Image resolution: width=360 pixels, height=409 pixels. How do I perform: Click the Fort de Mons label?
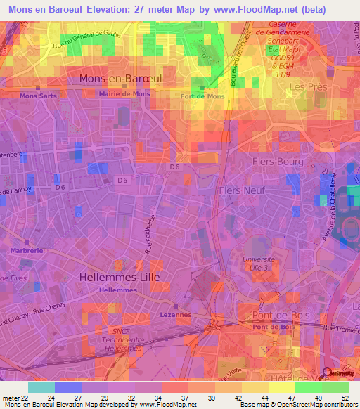coord(202,96)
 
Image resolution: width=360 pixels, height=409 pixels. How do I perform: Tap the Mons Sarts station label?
coord(38,96)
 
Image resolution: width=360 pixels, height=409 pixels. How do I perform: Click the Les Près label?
coord(309,87)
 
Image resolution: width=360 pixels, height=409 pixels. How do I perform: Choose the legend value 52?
coord(346,397)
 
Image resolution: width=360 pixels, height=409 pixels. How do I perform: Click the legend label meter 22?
coord(15,397)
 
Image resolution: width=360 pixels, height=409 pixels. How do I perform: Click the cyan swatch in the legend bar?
coord(41,387)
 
